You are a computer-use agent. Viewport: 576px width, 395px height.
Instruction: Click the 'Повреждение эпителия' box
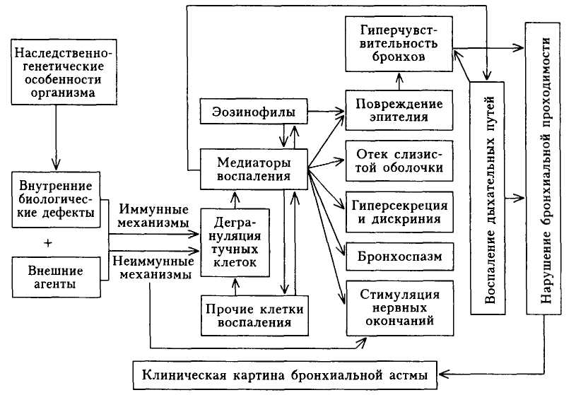click(x=399, y=111)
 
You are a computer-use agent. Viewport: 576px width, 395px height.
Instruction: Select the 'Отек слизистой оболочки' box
click(x=399, y=161)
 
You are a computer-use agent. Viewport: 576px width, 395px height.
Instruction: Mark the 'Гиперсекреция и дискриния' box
click(x=399, y=212)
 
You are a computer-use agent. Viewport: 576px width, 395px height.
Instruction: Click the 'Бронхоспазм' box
click(x=399, y=255)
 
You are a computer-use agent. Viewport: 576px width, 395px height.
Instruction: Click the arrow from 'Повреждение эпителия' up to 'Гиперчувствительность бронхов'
click(x=399, y=81)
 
